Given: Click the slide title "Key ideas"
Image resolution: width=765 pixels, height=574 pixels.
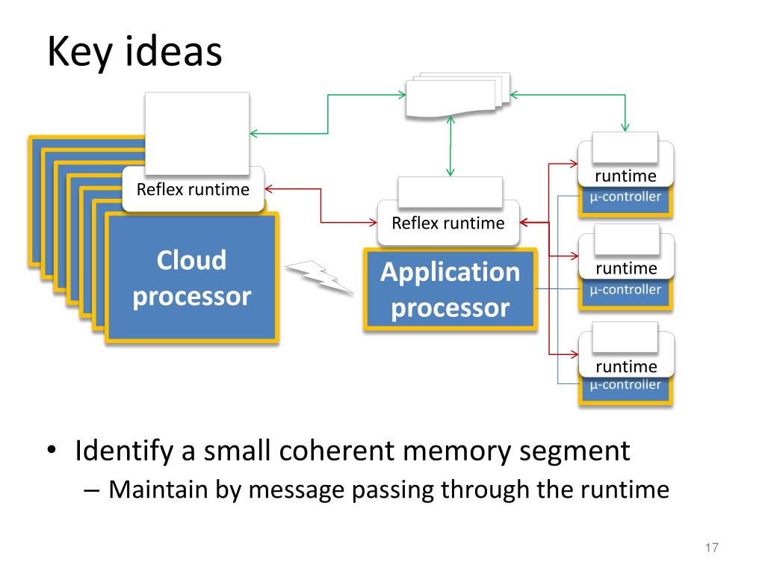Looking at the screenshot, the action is coord(134,52).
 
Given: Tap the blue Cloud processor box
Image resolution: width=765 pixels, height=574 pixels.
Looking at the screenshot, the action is coord(192,277).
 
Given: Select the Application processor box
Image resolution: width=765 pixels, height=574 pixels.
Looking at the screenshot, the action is coord(450,289).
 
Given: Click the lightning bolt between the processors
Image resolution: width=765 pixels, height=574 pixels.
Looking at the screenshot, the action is coord(320,277).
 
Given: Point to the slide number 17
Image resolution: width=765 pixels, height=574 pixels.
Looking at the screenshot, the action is coord(712,548).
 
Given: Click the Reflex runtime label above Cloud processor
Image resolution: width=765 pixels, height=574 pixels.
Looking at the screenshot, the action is coord(193,189).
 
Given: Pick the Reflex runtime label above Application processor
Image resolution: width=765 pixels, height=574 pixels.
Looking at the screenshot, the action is coord(448,223).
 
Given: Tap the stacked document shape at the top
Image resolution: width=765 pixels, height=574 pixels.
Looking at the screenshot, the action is coord(458,96).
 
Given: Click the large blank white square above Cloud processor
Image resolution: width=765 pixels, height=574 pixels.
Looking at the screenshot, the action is coord(197,133).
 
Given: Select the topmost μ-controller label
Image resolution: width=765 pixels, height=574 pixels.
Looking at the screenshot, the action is coord(625,197).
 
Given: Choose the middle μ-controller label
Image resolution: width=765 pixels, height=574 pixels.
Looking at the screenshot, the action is coord(625,289).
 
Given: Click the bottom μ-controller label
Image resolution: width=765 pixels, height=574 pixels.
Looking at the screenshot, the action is coord(625,385).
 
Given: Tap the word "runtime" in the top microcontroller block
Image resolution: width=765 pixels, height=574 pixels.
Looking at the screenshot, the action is coord(625,176).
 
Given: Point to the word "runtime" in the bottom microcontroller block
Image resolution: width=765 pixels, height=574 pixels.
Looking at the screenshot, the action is coord(627,366).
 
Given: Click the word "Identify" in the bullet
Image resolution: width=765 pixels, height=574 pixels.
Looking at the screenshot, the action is coord(124,451).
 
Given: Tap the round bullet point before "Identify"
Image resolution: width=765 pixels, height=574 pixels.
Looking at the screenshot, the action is coord(52,449).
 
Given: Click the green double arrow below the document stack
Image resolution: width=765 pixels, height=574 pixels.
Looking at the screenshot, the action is coord(450,146).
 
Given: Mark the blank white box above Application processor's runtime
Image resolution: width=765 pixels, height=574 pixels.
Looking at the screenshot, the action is coord(450,192).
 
